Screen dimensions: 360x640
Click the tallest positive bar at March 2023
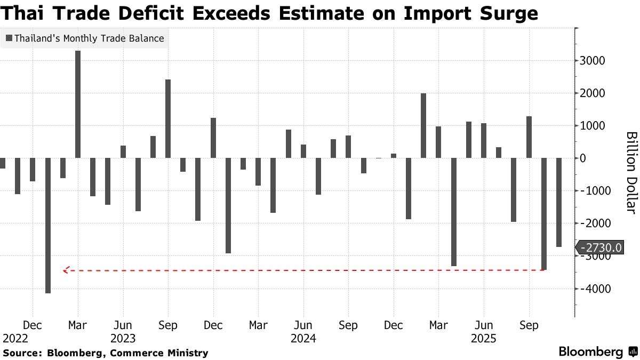point(77,105)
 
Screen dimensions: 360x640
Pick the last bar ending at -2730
point(559,203)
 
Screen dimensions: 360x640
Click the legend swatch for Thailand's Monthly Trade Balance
point(9,38)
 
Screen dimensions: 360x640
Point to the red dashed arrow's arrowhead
point(65,270)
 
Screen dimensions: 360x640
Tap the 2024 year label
point(303,338)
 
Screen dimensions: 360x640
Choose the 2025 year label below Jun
point(484,338)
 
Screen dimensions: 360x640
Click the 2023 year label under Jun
point(123,338)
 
